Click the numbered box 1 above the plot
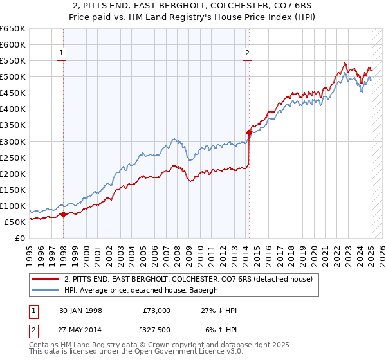click(x=62, y=54)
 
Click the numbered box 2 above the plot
click(x=247, y=54)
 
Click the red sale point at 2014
click(x=249, y=132)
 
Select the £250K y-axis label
click(x=13, y=157)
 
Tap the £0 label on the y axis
click(x=19, y=238)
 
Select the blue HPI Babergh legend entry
click(x=142, y=290)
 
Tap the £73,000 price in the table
click(x=155, y=310)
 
